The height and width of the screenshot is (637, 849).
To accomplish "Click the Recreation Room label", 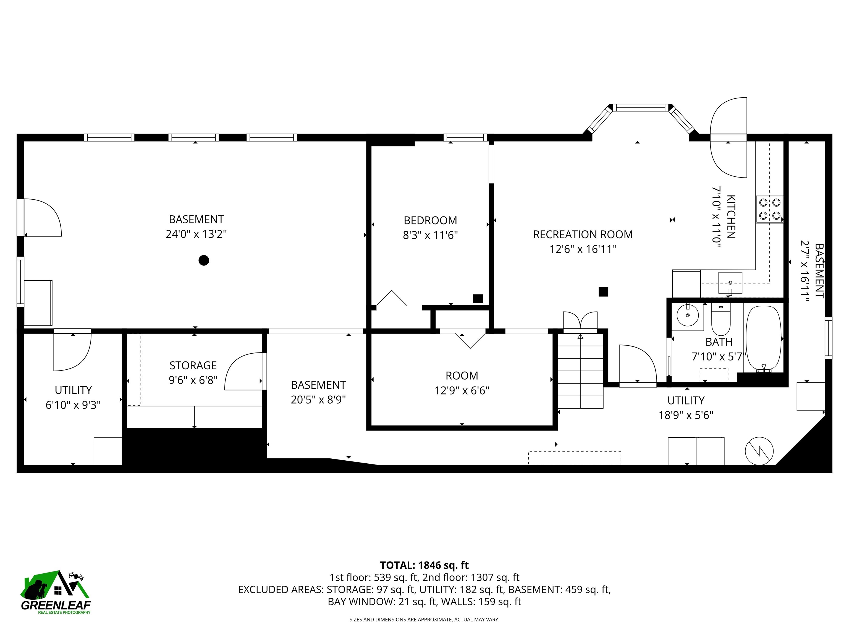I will pos(583,235).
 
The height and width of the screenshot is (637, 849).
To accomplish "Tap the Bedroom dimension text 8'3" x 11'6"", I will pos(430,235).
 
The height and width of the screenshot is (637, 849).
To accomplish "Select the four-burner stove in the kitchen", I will pos(770,209).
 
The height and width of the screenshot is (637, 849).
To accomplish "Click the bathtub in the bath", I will pos(763,338).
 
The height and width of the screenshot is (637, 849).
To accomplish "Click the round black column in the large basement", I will pos(204,260).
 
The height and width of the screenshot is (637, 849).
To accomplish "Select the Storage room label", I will pos(193,365).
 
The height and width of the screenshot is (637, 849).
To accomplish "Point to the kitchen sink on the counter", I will pos(730,283).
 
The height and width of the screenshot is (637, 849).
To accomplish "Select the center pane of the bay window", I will pos(640,108).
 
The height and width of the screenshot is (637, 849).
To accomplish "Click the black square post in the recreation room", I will pos(603,292).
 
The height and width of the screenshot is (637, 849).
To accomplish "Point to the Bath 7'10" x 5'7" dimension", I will pos(719,357).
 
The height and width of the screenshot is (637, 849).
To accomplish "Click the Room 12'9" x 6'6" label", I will pos(462,383).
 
